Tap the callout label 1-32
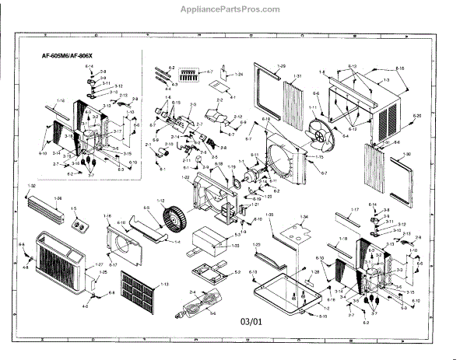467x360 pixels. pyautogui.click(x=32, y=187)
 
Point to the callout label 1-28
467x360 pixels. pyautogui.click(x=315, y=271)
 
